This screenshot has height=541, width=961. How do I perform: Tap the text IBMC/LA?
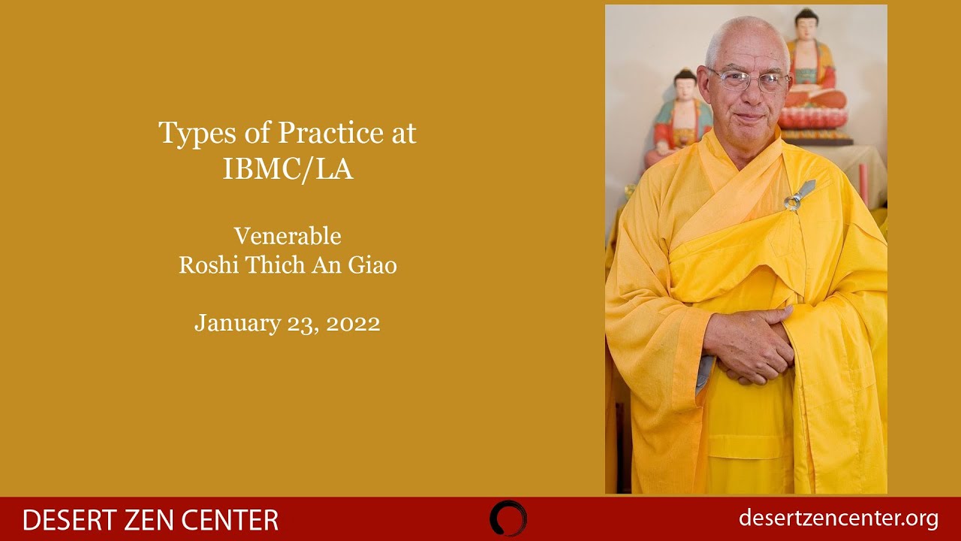tap(288, 169)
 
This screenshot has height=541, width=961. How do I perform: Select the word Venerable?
tap(288, 236)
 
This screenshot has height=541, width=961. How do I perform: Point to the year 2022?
tap(353, 323)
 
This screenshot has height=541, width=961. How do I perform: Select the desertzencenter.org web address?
tap(838, 518)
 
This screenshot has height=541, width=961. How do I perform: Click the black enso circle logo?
tap(508, 518)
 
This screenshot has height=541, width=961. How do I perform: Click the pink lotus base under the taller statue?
tap(815, 118)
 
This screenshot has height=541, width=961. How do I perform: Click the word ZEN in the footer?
tap(152, 520)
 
